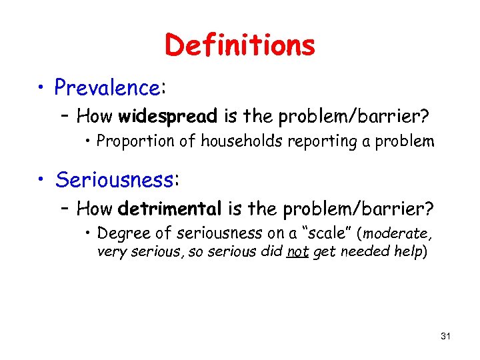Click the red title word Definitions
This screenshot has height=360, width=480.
click(x=239, y=45)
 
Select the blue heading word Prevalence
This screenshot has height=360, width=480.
click(x=107, y=87)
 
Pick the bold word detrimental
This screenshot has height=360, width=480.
click(x=169, y=209)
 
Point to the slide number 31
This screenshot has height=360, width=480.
click(x=445, y=336)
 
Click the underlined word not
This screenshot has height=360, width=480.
click(x=297, y=252)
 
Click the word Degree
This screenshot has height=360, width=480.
click(x=119, y=233)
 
